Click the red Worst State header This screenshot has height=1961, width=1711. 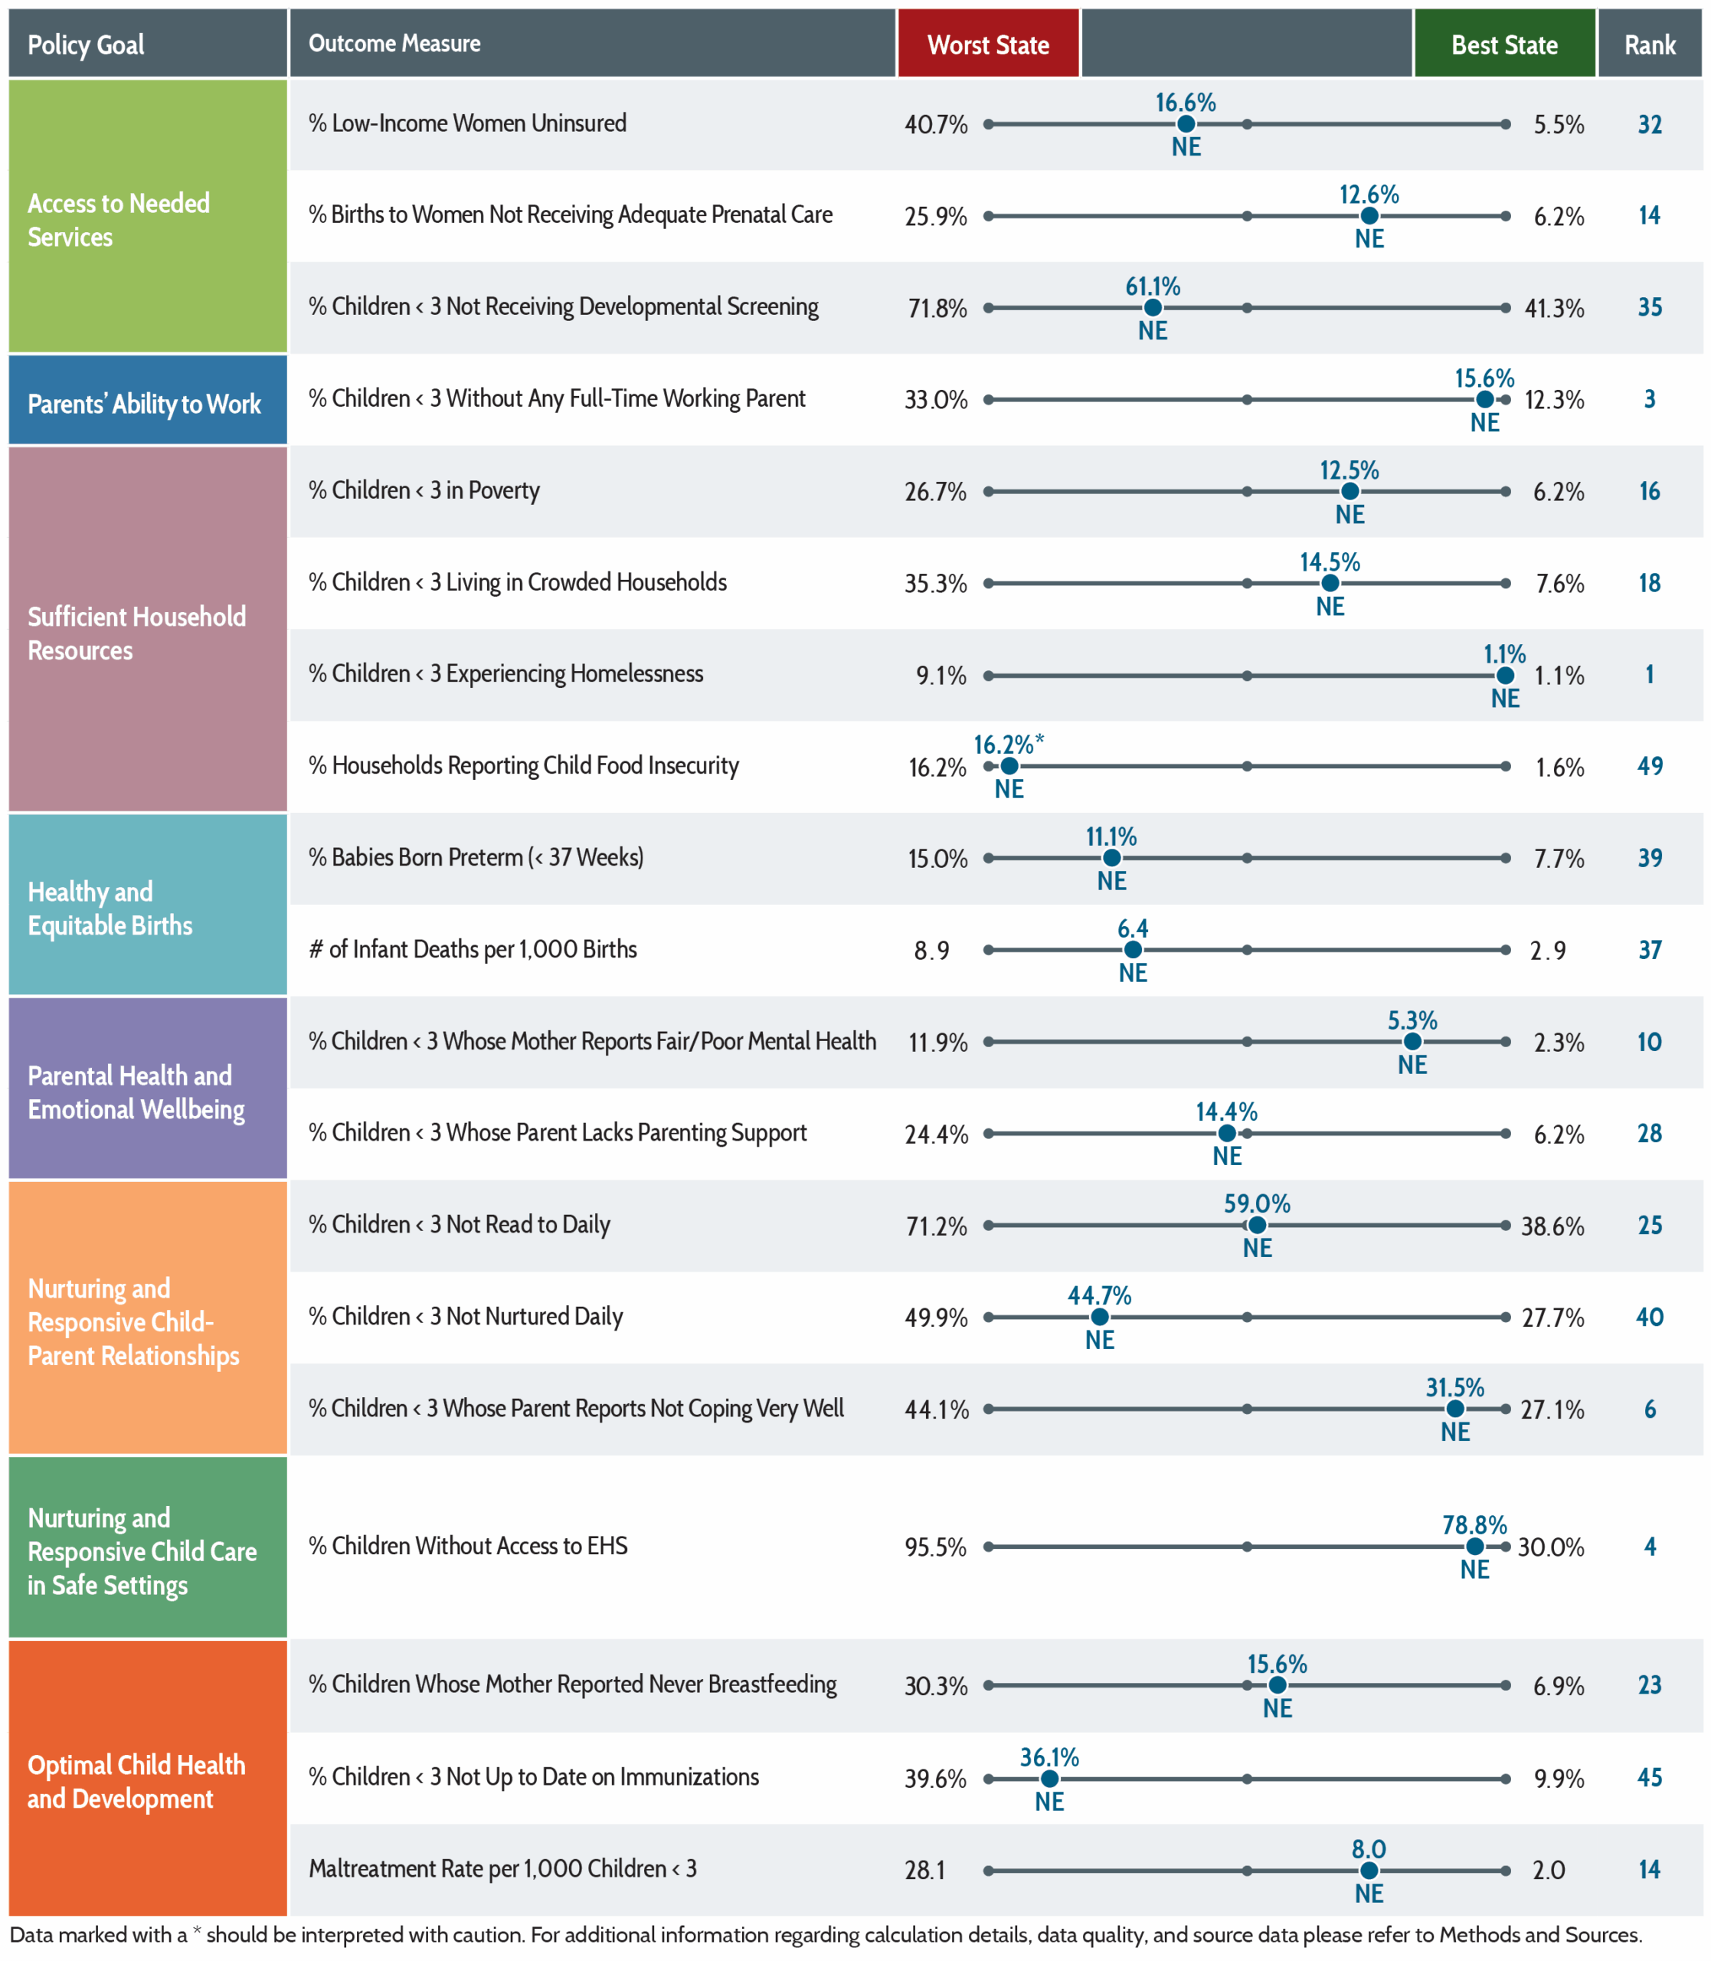[988, 44]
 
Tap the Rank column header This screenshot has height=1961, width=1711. [1650, 44]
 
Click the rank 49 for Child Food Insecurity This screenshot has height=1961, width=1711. [1650, 766]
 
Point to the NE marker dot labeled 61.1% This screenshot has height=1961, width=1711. [1153, 307]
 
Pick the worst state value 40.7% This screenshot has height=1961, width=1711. [936, 124]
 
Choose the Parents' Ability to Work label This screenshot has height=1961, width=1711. [144, 404]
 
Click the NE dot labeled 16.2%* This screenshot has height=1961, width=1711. [1009, 766]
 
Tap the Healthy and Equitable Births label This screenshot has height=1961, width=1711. [110, 908]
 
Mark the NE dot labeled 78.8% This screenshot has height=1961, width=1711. [1475, 1546]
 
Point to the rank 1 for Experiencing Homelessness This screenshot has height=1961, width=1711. [1650, 674]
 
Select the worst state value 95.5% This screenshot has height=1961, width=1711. [936, 1547]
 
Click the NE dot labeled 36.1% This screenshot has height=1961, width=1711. [1049, 1779]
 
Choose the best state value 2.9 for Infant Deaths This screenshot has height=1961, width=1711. [1548, 950]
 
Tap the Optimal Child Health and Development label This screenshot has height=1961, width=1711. [136, 1782]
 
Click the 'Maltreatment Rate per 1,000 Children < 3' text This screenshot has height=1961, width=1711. [502, 1868]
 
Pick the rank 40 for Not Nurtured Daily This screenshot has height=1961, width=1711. [1650, 1317]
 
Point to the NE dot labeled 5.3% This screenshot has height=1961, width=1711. [1412, 1042]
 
